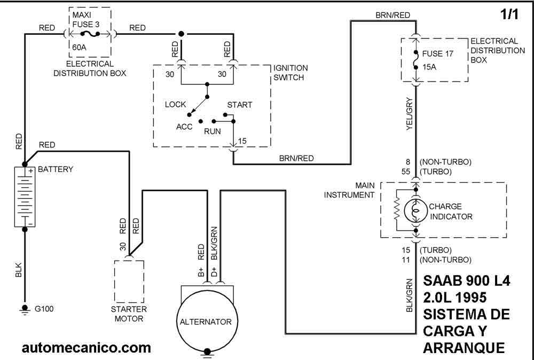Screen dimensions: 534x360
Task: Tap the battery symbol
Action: point(25,197)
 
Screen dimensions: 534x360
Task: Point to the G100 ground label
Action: point(44,309)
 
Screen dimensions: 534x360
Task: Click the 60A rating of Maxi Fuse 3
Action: point(79,48)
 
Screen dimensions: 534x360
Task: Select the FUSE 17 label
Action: point(438,53)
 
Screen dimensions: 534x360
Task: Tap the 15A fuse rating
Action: point(429,67)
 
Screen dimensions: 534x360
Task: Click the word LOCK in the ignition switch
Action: point(175,104)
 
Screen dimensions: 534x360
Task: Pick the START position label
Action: point(240,105)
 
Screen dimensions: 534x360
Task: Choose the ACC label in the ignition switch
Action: point(184,127)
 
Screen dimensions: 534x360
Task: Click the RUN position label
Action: point(212,131)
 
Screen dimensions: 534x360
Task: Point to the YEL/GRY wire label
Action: point(410,114)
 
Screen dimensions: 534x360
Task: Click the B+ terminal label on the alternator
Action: point(201,272)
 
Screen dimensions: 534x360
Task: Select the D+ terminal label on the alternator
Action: point(214,272)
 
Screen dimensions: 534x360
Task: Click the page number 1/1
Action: point(509,14)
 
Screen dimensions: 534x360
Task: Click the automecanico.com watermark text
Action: point(86,348)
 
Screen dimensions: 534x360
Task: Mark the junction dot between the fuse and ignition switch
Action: point(181,34)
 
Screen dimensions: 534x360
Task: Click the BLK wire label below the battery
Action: point(19,269)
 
